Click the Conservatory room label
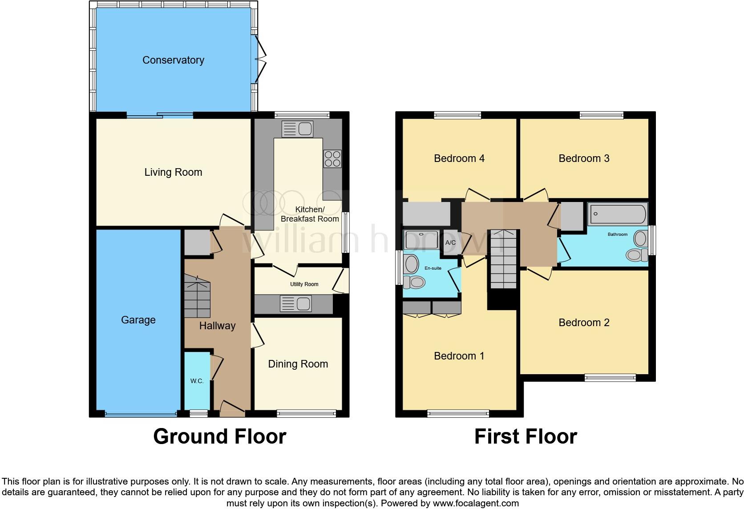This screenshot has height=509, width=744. (x=173, y=60)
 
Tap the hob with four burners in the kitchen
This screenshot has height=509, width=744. (x=332, y=158)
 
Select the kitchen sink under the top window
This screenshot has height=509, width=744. (x=297, y=129)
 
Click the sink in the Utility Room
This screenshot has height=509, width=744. (x=296, y=304)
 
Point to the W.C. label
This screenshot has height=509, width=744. (x=197, y=381)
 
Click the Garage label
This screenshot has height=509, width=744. (x=138, y=320)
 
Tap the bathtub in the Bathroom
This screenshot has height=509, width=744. (x=618, y=214)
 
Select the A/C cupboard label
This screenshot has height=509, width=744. (x=450, y=242)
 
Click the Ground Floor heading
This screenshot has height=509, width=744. (x=219, y=436)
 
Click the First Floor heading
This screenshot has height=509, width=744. (x=526, y=436)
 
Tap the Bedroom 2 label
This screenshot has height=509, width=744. (x=584, y=323)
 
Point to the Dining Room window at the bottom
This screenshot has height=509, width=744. (x=306, y=413)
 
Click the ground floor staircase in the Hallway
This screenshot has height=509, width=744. (x=197, y=296)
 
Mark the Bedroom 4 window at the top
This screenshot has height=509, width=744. (x=457, y=115)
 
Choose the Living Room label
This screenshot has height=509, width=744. (x=173, y=172)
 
